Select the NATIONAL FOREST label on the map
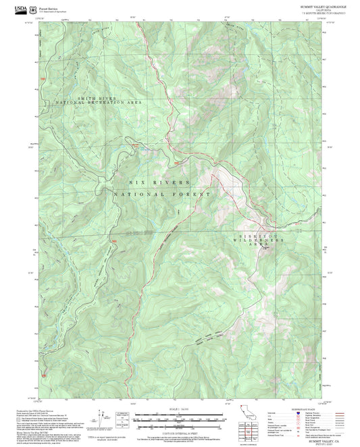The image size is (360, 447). (x=162, y=194)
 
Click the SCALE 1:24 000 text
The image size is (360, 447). (x=179, y=410)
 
